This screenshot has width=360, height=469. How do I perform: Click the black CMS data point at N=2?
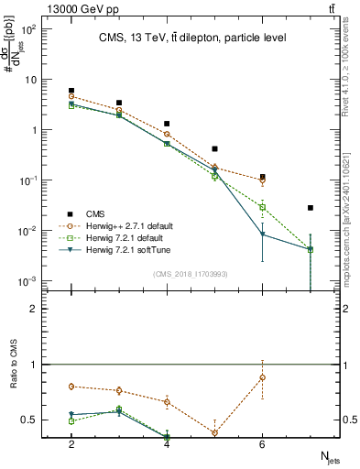pos(71,91)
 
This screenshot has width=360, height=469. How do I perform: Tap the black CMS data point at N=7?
pos(311,208)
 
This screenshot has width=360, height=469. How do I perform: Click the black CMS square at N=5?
pos(214,148)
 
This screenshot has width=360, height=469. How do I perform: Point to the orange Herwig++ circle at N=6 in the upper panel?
pos(263,180)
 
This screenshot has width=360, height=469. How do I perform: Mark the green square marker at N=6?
pos(263,208)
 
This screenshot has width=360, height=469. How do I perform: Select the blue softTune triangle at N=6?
pos(263,234)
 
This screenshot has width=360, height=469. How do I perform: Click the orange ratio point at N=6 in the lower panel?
pos(263,377)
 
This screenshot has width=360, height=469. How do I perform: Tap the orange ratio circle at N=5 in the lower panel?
pos(214,433)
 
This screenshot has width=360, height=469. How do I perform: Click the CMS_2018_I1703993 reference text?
pos(191,273)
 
